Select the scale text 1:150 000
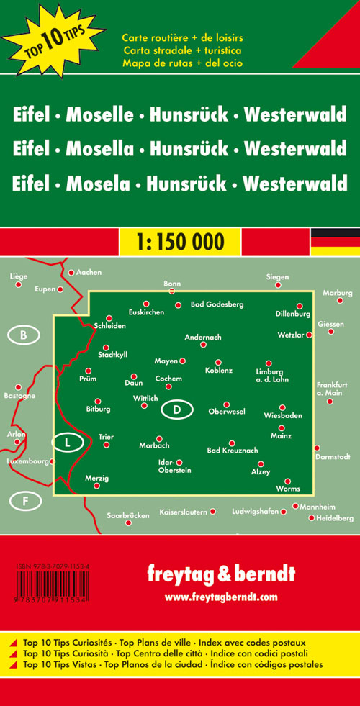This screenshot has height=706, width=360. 179,242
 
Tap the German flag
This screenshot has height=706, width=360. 335,242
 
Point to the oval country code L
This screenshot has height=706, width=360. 68,443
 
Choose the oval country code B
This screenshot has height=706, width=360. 24,335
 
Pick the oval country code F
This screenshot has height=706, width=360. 24,499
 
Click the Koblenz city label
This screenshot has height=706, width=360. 218,371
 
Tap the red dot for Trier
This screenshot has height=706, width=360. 107,445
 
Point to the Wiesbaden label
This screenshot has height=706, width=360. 283,416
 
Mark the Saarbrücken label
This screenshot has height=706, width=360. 127,515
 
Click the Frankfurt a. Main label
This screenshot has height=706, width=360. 332,389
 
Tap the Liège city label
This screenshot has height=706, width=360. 19,276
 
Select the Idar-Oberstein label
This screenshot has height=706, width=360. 174,466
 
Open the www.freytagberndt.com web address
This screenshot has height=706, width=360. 221,597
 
